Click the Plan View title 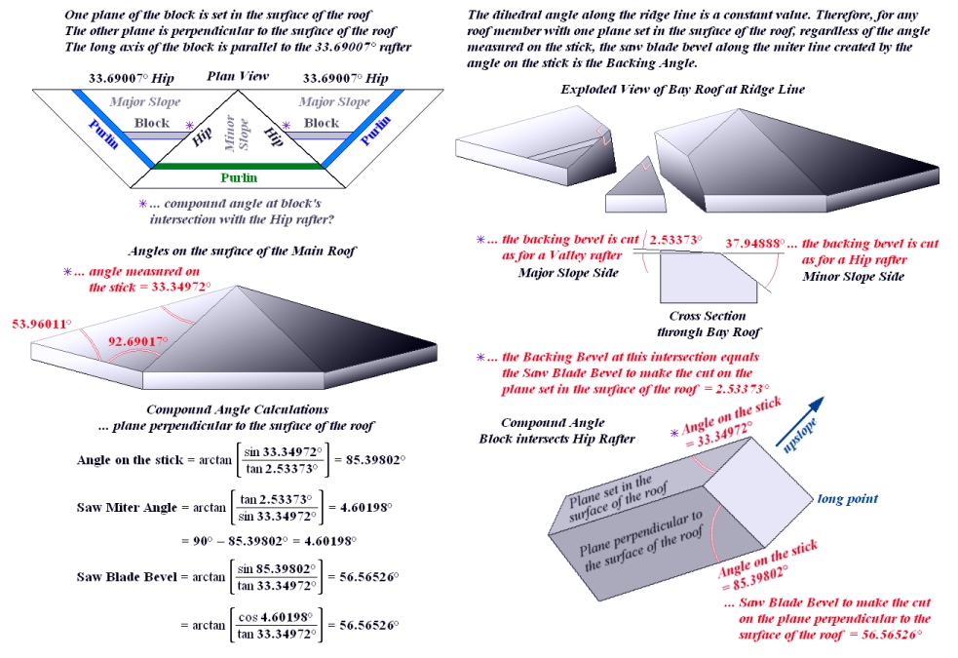point(238,77)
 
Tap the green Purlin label point(238,177)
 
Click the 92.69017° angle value point(137,342)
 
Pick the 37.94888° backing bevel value point(754,243)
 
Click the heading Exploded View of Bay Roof point(682,90)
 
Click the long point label point(847,499)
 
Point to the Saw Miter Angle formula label point(127,508)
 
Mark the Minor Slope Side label point(854,276)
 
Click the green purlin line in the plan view point(238,166)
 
